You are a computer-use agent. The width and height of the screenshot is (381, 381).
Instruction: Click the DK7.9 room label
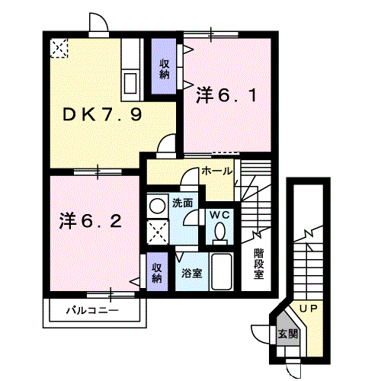pyautogui.click(x=102, y=114)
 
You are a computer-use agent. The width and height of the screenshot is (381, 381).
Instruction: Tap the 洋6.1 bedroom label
pyautogui.click(x=226, y=95)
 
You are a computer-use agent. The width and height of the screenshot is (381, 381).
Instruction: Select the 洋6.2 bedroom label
pyautogui.click(x=91, y=221)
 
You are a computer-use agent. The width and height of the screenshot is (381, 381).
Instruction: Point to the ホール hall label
pyautogui.click(x=217, y=171)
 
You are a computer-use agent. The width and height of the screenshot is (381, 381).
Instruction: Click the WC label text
pyautogui.click(x=219, y=216)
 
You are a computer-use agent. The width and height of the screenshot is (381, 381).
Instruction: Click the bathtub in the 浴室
pyautogui.click(x=222, y=272)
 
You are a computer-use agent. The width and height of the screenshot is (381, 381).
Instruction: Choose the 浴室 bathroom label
pyautogui.click(x=192, y=273)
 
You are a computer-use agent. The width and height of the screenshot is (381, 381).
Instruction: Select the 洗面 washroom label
pyautogui.click(x=182, y=203)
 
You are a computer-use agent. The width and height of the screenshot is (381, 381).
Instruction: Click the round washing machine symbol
pyautogui.click(x=157, y=206)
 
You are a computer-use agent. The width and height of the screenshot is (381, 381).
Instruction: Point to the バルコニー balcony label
pyautogui.click(x=92, y=310)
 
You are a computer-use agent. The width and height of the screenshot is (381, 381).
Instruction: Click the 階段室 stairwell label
pyautogui.click(x=259, y=264)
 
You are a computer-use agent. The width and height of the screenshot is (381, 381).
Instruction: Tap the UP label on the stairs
pyautogui.click(x=309, y=309)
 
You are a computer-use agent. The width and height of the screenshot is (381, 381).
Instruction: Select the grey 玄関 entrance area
pyautogui.click(x=288, y=329)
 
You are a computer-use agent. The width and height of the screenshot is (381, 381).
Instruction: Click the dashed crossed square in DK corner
pyautogui.click(x=59, y=48)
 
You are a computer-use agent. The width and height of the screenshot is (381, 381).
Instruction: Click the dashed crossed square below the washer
pyautogui.click(x=158, y=232)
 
